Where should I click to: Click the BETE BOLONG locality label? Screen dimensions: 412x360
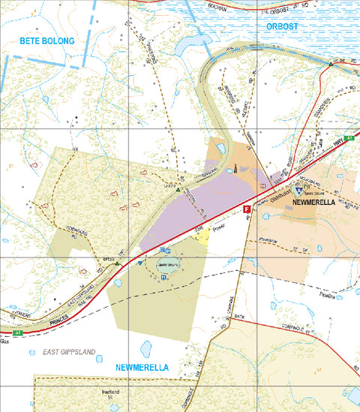coord(48,41)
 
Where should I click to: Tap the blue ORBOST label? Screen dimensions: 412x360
coord(282,26)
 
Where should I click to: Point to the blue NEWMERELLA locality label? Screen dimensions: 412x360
coord(142,367)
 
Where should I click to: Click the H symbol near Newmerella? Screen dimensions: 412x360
coord(263,185)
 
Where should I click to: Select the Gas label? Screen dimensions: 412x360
coord(5,340)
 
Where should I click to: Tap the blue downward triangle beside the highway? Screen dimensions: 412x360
coord(140,263)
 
